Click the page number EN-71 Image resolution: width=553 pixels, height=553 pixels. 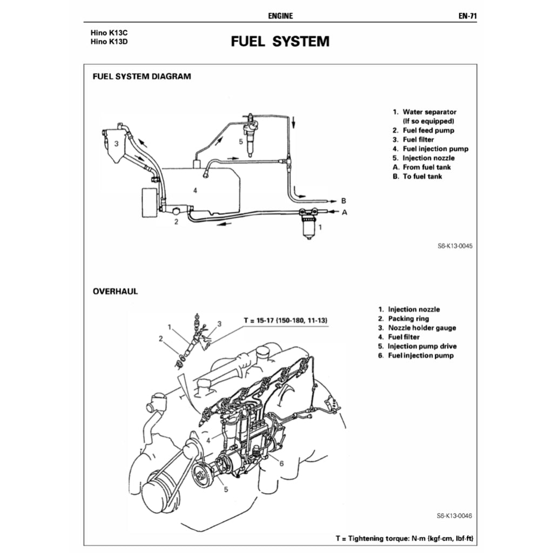click(467, 16)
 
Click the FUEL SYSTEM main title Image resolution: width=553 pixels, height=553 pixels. click(280, 42)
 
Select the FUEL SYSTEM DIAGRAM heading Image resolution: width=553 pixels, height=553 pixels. click(141, 76)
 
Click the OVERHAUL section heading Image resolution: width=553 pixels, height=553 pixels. click(115, 291)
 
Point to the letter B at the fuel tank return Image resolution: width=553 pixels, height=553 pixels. click(343, 200)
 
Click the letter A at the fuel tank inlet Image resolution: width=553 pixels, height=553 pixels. click(344, 212)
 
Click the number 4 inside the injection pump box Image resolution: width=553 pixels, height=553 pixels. click(195, 190)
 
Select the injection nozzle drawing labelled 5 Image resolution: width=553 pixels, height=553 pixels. click(251, 135)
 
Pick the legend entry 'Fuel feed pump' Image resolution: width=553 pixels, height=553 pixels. click(428, 130)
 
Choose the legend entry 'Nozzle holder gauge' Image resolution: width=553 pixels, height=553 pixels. click(422, 328)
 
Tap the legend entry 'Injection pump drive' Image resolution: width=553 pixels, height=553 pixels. click(422, 346)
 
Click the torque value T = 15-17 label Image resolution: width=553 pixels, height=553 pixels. click(286, 321)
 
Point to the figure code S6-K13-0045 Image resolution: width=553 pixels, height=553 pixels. click(455, 246)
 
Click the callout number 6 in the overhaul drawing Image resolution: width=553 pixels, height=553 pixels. click(281, 463)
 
